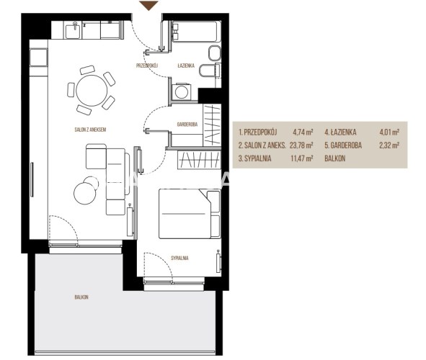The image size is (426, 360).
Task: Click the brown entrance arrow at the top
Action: point(148,6)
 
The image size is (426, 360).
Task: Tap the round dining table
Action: point(92,90)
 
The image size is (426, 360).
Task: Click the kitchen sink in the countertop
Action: point(74,30)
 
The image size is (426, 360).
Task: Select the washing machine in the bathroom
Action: point(182,91)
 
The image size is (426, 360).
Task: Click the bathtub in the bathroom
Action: point(195,32)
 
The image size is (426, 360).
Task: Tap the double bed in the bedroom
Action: point(189,214)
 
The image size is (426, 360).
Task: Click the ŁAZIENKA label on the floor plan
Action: point(186,66)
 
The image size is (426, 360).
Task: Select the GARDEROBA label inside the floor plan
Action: point(187,125)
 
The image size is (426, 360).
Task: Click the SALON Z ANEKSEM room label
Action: point(90,130)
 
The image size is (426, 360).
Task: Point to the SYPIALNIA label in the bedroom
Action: point(179,258)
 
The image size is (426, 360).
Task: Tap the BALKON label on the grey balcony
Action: point(81,297)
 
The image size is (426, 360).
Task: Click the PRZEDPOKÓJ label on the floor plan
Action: point(147,66)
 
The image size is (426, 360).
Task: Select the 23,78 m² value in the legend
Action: point(301,145)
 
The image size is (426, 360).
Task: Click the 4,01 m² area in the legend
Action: point(389,132)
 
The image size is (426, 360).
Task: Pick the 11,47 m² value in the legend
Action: point(301,158)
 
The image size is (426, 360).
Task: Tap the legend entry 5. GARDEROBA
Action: point(343,145)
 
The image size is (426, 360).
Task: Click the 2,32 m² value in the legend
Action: point(389,145)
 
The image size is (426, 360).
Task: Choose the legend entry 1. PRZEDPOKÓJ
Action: point(257,132)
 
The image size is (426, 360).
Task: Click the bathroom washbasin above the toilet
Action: point(215,53)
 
